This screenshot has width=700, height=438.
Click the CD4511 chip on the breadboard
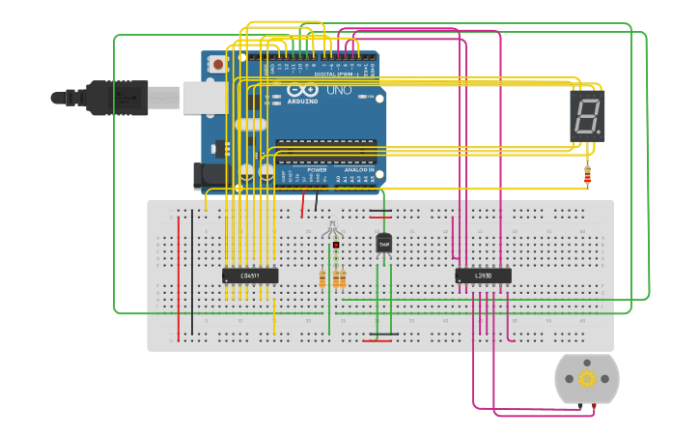coord(250,276)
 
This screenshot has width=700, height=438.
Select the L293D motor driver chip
coord(483,276)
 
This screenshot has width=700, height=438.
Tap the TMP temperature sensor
coord(383,244)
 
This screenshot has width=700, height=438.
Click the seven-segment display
coord(587,116)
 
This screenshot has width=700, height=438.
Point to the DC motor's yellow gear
coord(587,379)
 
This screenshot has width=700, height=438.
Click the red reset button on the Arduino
coord(218,65)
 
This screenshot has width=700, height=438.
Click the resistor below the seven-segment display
coord(587,175)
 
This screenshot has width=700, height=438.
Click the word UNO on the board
coord(339,90)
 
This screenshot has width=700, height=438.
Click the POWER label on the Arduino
coord(317,169)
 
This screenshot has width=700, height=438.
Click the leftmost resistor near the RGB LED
coord(322,278)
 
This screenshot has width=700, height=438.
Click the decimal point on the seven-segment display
coord(600,131)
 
